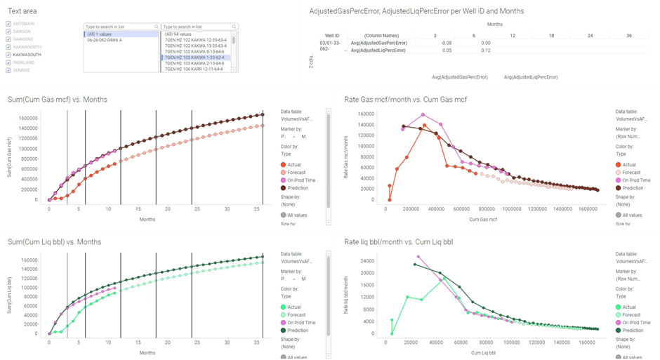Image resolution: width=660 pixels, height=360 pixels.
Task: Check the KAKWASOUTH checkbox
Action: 8,55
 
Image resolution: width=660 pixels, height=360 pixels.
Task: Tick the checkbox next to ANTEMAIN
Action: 8,24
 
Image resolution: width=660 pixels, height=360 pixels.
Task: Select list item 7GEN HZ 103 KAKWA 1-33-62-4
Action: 194,58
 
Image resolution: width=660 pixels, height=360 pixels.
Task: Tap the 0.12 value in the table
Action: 485,51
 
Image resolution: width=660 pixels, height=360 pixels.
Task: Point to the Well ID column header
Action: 332,35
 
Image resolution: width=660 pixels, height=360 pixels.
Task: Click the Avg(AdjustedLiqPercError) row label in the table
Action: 378,51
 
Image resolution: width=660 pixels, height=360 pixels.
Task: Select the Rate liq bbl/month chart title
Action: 399,242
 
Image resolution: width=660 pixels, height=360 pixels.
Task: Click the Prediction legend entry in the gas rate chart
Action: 633,187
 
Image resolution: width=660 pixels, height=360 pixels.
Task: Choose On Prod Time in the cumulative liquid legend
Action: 301,322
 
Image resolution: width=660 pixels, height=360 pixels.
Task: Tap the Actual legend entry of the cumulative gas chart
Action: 293,164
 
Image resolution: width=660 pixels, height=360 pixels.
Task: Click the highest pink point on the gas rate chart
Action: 423,114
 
